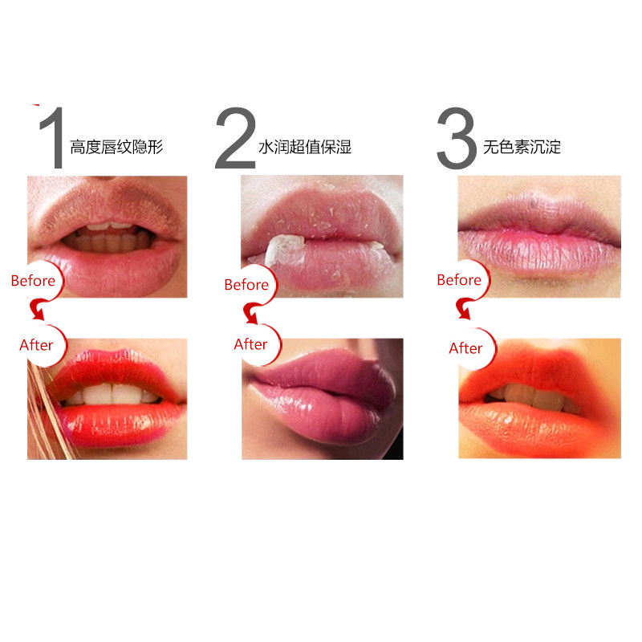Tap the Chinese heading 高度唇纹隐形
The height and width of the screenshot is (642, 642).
pyautogui.click(x=116, y=148)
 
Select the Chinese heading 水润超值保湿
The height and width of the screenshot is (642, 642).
pyautogui.click(x=305, y=148)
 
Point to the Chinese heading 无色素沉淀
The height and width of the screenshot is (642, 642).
pyautogui.click(x=522, y=148)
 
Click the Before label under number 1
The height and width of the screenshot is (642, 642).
pyautogui.click(x=33, y=281)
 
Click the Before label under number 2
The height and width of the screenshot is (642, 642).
pyautogui.click(x=246, y=284)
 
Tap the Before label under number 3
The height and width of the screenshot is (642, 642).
pyautogui.click(x=459, y=280)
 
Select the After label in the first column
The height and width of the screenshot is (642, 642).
pyautogui.click(x=36, y=345)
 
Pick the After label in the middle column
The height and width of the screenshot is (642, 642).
pyautogui.click(x=250, y=344)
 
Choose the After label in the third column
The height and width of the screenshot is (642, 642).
pyautogui.click(x=465, y=348)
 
